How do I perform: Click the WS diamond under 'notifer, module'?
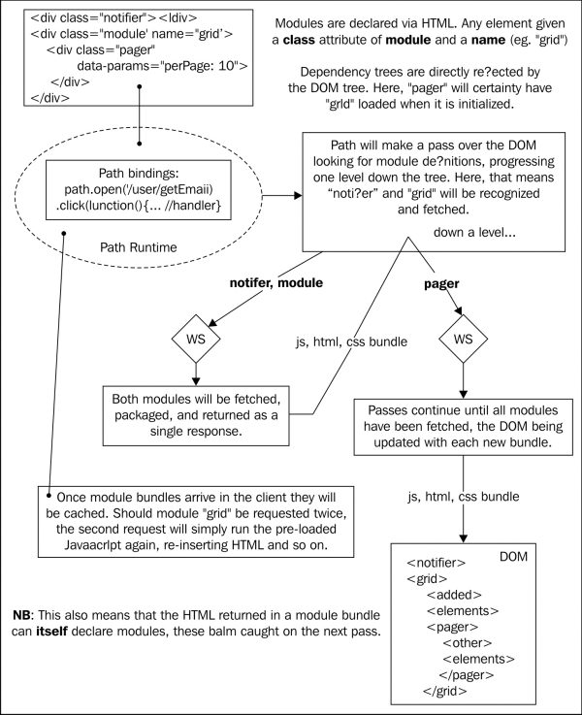tap(196, 339)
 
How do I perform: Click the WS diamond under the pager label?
tap(463, 339)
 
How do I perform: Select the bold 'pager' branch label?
tap(441, 284)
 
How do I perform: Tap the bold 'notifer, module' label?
tap(276, 282)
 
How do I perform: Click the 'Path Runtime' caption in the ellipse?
tap(138, 247)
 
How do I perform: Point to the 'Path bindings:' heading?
tap(139, 174)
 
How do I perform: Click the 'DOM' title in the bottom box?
tap(514, 557)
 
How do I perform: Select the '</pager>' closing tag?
tap(467, 675)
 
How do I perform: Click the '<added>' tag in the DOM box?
tap(454, 595)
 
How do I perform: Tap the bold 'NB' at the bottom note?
tap(22, 615)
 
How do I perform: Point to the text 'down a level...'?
tap(474, 232)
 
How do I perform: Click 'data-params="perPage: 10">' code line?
tap(162, 66)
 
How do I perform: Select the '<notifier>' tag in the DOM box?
tap(436, 563)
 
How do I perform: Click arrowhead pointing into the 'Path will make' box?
tap(299, 196)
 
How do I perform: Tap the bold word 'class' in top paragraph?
tap(299, 40)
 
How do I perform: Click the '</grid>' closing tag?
tap(445, 691)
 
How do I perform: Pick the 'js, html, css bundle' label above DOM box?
tap(463, 497)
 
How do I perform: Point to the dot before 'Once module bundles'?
tap(49, 495)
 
